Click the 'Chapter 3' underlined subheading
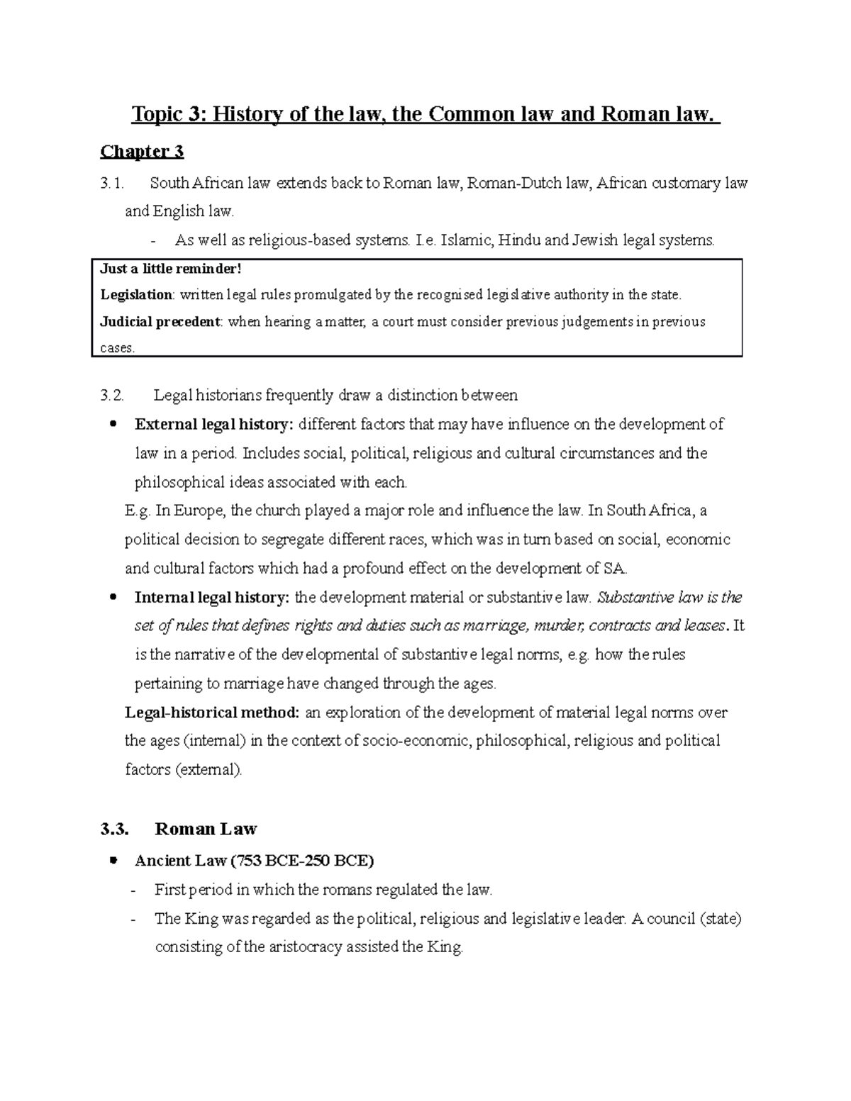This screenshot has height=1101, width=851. point(142,152)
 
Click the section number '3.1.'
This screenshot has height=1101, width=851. point(112,184)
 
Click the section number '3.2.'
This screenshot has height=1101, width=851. point(112,395)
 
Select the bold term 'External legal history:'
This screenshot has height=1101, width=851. point(213,425)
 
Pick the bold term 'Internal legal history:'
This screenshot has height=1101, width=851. point(212,598)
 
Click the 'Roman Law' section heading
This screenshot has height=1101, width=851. point(206,829)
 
